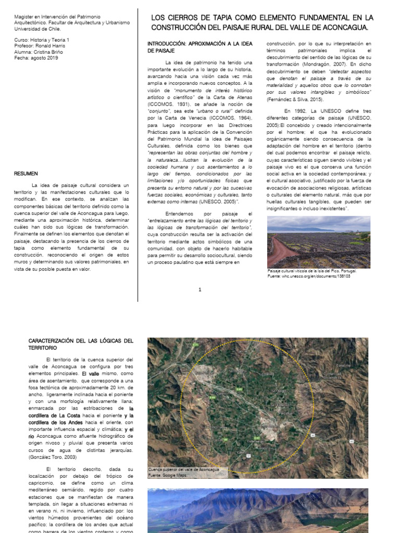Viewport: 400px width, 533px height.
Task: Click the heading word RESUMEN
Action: tap(26, 173)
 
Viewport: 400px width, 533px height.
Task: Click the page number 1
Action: tap(199, 290)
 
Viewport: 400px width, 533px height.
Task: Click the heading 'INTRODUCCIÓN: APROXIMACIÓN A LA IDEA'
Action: tap(200, 44)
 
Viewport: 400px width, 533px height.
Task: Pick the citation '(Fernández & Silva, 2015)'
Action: tap(295, 99)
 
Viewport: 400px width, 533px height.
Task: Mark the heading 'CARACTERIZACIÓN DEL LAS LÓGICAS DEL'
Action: tap(81, 340)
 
